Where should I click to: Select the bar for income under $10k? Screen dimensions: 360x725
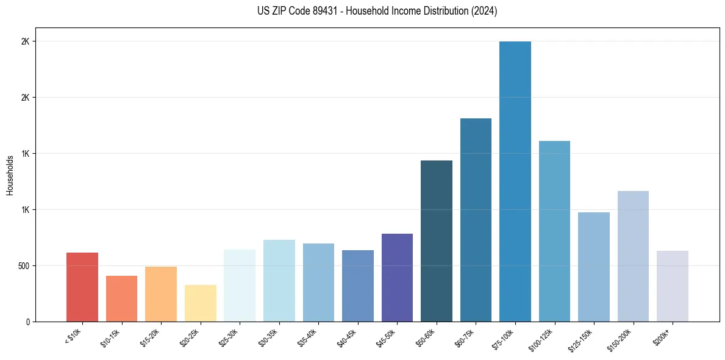point(82,287)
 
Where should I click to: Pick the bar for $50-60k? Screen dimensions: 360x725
point(437,241)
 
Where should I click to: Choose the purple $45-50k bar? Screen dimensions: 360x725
point(397,278)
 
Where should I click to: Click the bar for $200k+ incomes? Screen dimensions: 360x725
point(673,286)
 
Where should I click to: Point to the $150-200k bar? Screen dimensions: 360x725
point(633,256)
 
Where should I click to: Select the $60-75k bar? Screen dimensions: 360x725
point(476,220)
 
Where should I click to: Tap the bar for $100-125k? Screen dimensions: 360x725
point(554,231)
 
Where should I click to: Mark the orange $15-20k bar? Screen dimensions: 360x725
point(161,294)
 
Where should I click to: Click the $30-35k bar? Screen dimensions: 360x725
point(279,281)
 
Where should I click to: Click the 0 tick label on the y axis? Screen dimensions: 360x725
point(27,322)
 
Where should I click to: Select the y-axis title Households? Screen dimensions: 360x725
point(10,175)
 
